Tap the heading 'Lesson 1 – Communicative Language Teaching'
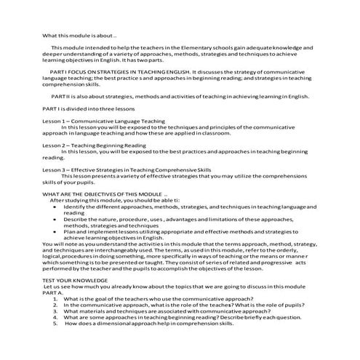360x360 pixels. (103, 121)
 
